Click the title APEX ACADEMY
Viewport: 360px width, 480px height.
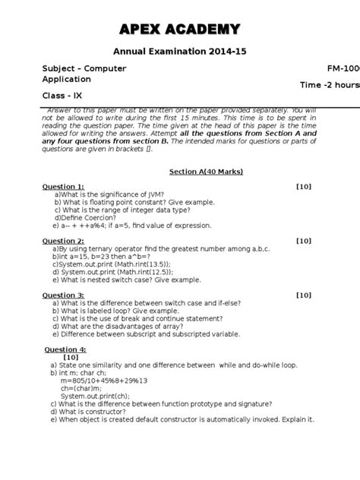click(180, 30)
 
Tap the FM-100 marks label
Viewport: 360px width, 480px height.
click(343, 68)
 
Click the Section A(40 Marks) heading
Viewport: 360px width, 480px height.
click(206, 172)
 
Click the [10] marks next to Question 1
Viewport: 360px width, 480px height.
click(303, 187)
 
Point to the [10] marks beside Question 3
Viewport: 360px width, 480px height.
click(303, 295)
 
